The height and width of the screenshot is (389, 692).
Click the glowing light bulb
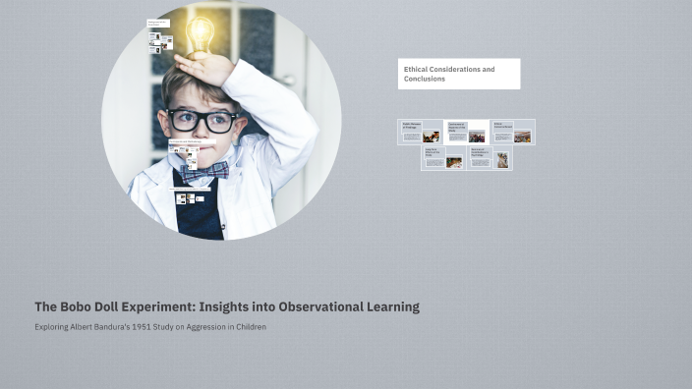[200, 35]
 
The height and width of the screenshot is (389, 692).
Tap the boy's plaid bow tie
[203, 172]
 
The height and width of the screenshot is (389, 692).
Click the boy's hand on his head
[205, 68]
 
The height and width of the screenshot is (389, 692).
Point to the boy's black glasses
[202, 121]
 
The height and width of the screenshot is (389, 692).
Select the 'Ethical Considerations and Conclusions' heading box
[458, 74]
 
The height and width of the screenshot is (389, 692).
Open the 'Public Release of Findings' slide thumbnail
[420, 132]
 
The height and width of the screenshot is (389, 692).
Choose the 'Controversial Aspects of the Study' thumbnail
[466, 132]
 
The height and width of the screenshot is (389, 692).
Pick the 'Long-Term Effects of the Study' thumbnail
[443, 158]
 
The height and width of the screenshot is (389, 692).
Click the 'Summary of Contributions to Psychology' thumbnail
[490, 158]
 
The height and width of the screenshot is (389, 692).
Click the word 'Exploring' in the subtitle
[52, 327]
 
